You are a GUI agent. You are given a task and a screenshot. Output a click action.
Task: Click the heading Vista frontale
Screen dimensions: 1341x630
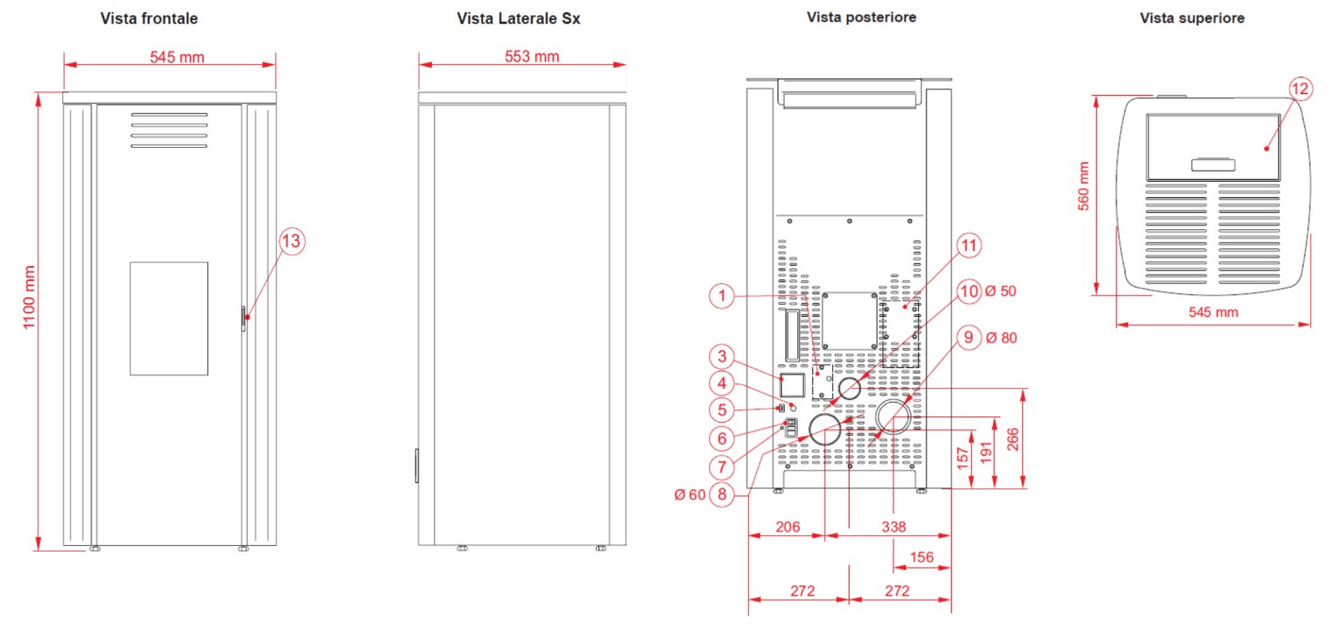click(x=149, y=18)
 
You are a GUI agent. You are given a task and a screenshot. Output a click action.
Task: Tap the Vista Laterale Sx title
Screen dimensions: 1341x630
click(x=519, y=18)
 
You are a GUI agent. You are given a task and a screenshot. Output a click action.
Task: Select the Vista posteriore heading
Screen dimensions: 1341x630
click(x=861, y=17)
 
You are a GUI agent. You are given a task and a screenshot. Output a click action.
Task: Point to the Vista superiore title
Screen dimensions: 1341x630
click(x=1192, y=18)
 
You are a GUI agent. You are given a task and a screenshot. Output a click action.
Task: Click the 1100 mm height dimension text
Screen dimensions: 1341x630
click(x=28, y=298)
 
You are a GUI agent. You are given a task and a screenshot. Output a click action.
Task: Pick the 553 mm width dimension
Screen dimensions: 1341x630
click(x=532, y=57)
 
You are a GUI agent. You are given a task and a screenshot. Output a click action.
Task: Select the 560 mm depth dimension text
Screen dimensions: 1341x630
click(x=1083, y=186)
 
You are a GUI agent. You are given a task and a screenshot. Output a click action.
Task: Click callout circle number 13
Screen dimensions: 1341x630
click(x=291, y=241)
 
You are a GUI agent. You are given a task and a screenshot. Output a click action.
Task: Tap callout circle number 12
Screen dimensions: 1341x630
click(x=1300, y=89)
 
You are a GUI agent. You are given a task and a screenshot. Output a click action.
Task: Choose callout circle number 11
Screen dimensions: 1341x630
click(x=968, y=246)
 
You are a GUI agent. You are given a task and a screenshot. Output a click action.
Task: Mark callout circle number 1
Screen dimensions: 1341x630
click(x=722, y=296)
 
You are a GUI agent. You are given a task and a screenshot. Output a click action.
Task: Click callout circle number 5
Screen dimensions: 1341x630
click(x=722, y=410)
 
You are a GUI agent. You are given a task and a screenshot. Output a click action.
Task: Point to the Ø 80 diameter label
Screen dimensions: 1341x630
click(x=1001, y=338)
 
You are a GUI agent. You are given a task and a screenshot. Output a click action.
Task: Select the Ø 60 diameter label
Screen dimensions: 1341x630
click(x=690, y=495)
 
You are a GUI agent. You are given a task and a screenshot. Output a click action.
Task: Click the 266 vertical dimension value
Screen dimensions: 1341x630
click(x=1012, y=440)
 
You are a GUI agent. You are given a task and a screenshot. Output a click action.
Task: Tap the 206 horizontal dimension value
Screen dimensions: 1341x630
click(x=787, y=527)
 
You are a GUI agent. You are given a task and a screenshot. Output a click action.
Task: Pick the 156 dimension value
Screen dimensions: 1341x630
click(x=922, y=557)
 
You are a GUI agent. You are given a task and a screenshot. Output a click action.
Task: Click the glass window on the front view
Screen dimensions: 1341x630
click(x=169, y=319)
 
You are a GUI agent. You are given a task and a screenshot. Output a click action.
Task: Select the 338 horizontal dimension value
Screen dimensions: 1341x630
click(x=893, y=527)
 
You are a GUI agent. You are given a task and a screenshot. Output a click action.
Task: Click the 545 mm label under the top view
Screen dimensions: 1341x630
click(x=1213, y=311)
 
